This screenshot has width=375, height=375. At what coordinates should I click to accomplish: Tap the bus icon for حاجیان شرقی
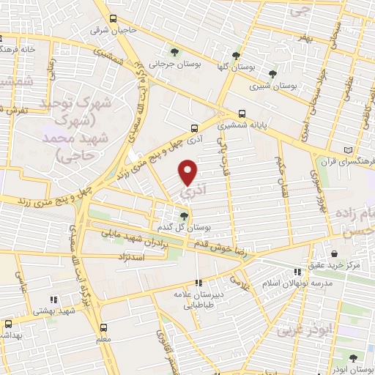tap(112, 19)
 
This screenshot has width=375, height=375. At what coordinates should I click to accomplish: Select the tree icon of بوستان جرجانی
tap(174, 51)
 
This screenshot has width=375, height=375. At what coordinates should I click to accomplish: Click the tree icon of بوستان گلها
tap(236, 55)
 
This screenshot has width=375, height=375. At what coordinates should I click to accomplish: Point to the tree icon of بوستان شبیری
tap(272, 73)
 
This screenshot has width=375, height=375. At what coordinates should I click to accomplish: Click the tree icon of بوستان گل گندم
tap(183, 215)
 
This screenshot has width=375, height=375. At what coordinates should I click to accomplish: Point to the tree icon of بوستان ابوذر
tap(354, 357)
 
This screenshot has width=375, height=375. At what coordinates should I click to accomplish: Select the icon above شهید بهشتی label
tap(52, 300)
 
